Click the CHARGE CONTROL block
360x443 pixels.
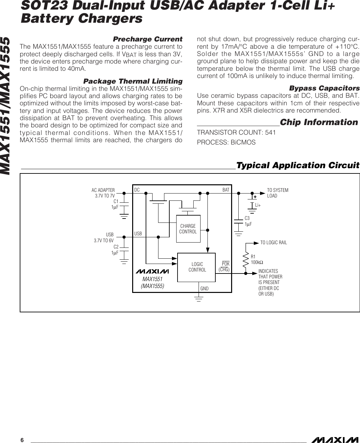point(188,229)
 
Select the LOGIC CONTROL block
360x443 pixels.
point(197,267)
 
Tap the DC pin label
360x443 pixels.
point(137,190)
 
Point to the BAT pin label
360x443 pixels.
point(226,190)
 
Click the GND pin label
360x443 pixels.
point(204,289)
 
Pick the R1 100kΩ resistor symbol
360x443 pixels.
point(246,260)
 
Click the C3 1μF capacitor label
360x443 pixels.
point(248,221)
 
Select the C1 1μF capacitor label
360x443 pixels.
point(115,204)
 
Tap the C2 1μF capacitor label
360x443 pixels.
point(115,249)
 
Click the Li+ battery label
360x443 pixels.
point(258,205)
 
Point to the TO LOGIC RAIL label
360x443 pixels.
point(274,243)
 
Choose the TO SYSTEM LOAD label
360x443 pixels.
point(277,193)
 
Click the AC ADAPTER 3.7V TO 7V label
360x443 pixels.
point(103,193)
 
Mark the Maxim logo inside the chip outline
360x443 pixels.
point(152,272)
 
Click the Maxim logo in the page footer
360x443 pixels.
point(334,440)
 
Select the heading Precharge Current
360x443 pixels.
point(148,39)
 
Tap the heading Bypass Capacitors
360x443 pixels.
point(324,88)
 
